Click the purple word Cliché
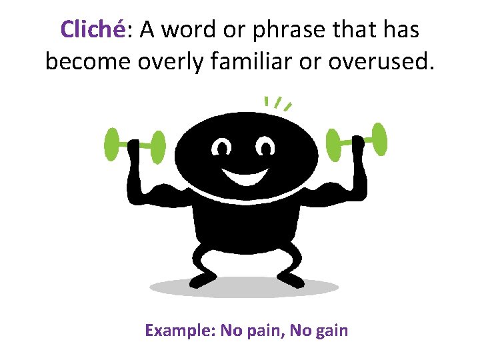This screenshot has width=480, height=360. (91, 29)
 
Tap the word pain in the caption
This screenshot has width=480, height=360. (267, 331)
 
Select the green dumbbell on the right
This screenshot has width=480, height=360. (356, 140)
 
